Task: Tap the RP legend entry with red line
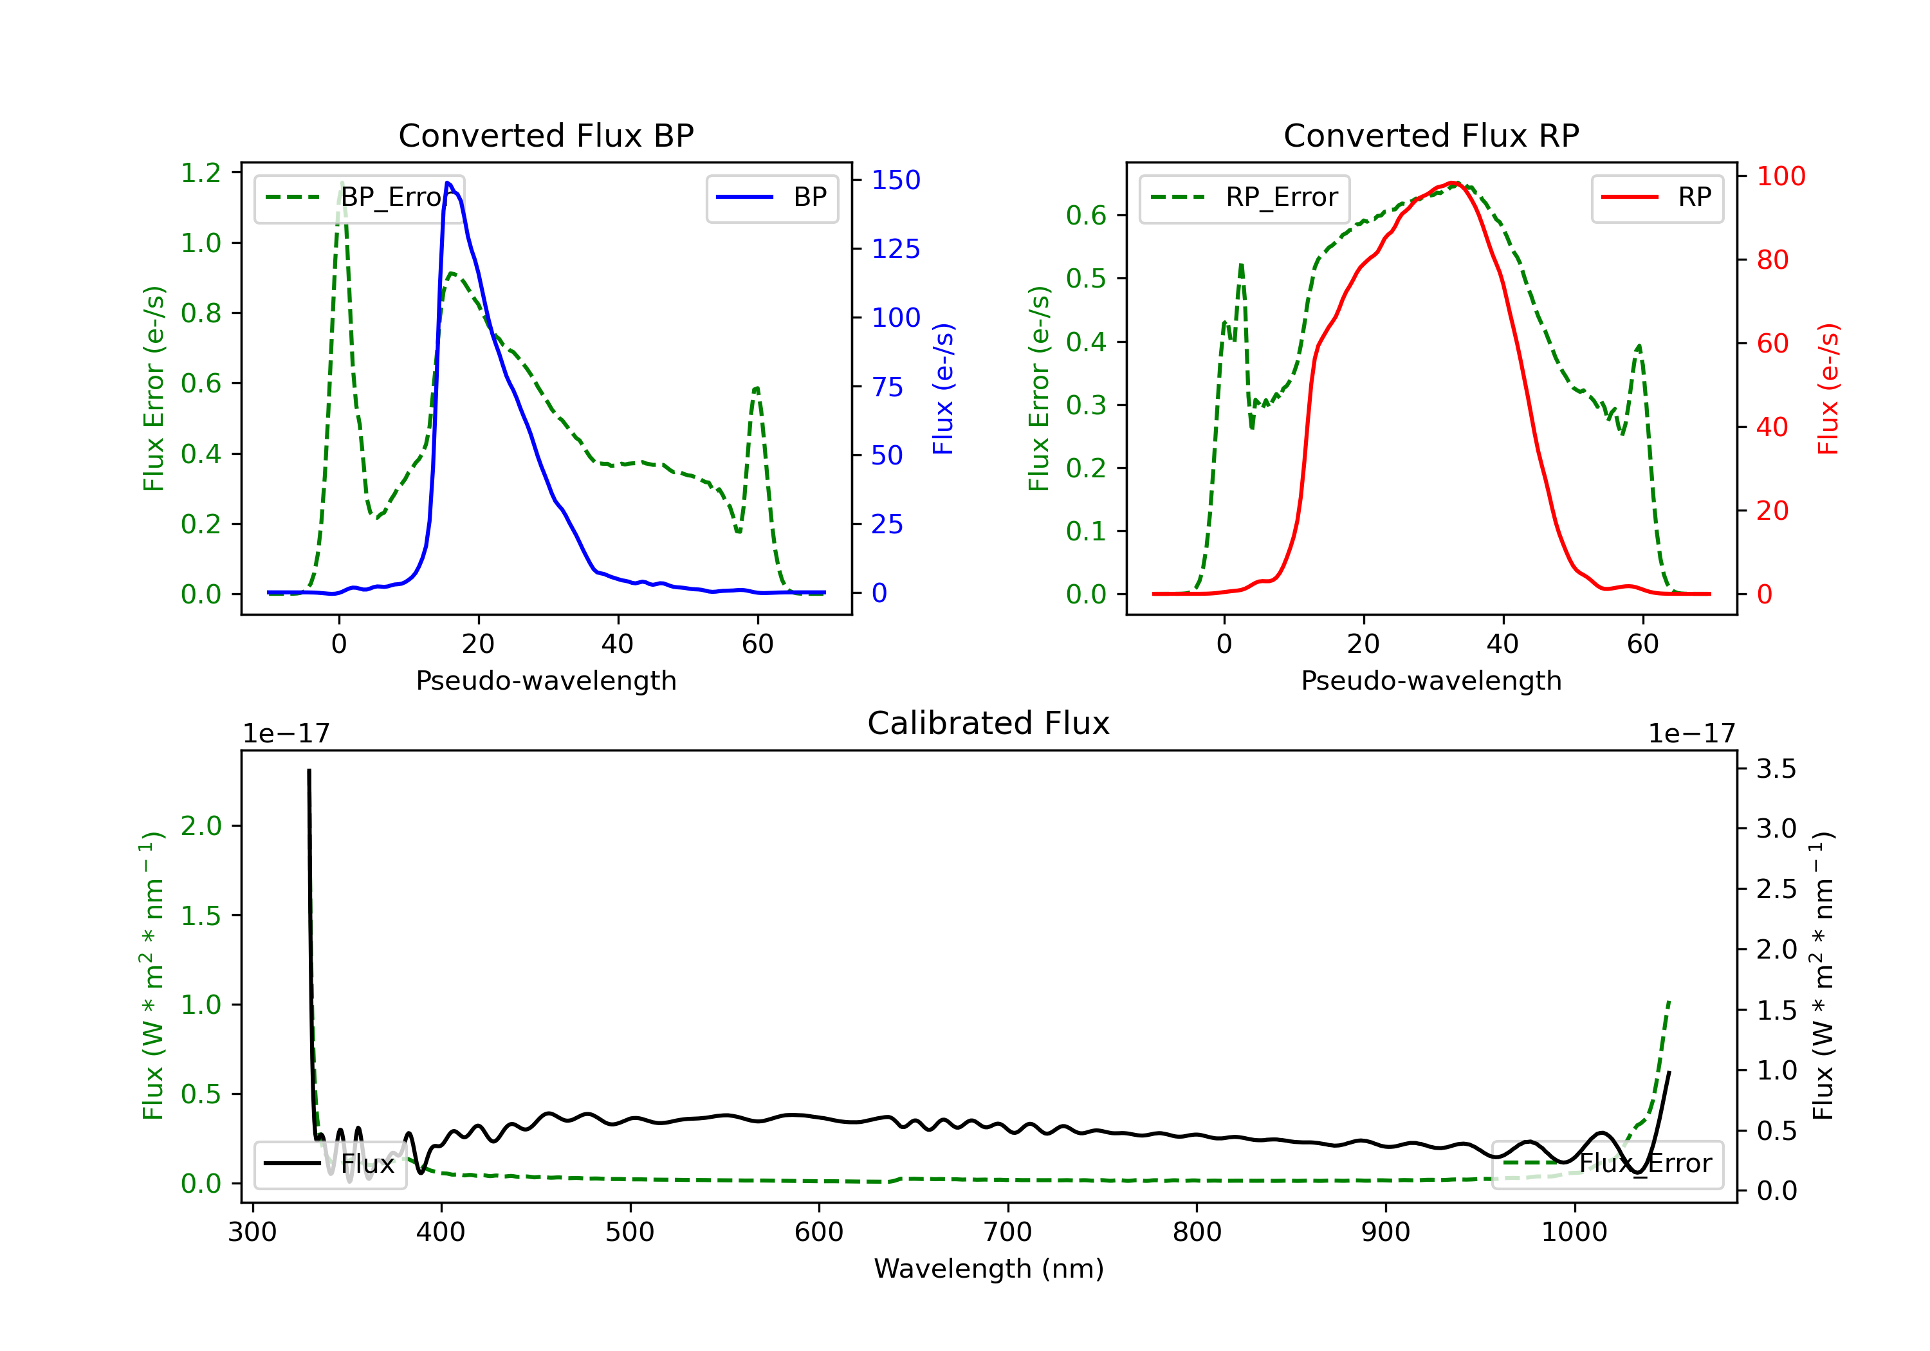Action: [1657, 198]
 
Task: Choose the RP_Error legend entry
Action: [1244, 198]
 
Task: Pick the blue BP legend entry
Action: [771, 198]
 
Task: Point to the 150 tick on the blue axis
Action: [896, 180]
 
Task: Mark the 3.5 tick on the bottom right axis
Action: [1776, 768]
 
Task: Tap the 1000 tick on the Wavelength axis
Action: [1574, 1233]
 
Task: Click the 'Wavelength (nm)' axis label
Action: [989, 1269]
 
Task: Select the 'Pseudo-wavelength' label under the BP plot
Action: [546, 681]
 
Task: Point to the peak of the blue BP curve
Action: [448, 183]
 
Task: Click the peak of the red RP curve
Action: [1453, 183]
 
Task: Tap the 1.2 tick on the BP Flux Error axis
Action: [201, 173]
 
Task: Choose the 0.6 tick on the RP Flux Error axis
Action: [1086, 216]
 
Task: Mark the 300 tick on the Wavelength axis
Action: [252, 1233]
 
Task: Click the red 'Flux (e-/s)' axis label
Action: [1828, 389]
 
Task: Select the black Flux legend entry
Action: [331, 1164]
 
